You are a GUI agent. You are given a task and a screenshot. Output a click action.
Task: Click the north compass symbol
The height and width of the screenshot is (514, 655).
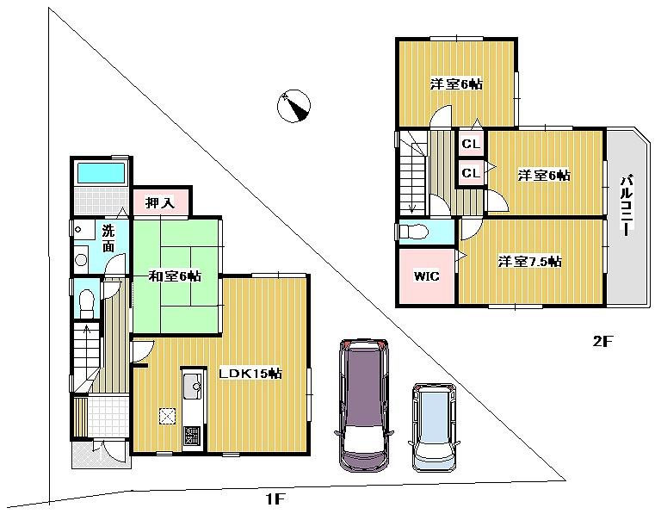(294, 106)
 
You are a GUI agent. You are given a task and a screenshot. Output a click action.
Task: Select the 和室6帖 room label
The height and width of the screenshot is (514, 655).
(175, 276)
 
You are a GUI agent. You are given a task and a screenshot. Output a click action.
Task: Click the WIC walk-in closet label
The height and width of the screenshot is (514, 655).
(426, 276)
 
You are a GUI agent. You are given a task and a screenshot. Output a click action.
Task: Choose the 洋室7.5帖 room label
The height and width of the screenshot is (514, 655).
(530, 261)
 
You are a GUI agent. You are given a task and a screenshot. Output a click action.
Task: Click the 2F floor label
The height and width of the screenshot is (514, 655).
(601, 341)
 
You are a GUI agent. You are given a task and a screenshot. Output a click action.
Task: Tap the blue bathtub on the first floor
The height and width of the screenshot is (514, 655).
(101, 172)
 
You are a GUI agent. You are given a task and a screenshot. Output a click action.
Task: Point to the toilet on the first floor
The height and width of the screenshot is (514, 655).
(86, 302)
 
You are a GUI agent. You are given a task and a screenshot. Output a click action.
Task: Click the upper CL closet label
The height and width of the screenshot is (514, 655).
(470, 144)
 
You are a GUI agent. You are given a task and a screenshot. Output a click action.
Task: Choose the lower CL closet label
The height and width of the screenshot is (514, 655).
(470, 173)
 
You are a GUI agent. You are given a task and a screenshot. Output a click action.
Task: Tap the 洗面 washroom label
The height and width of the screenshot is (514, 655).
(108, 238)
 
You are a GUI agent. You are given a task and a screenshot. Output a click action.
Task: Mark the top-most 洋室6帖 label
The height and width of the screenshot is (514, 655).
(456, 84)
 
